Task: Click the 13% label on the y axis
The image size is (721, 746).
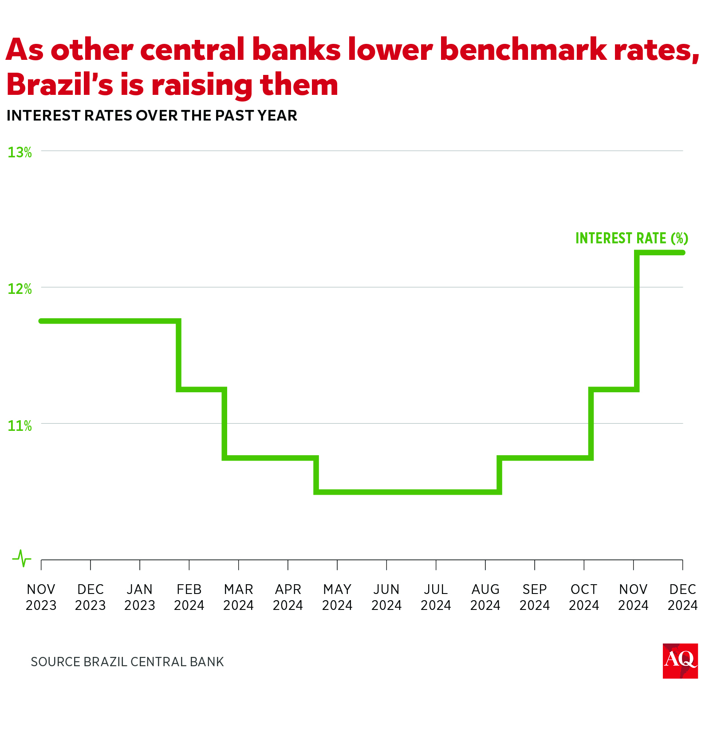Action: pyautogui.click(x=20, y=152)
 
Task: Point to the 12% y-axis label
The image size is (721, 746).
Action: pyautogui.click(x=20, y=289)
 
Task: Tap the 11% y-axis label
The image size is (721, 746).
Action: pyautogui.click(x=20, y=426)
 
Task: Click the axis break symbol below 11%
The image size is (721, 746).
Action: pyautogui.click(x=22, y=559)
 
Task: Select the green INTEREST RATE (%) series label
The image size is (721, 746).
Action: pyautogui.click(x=631, y=238)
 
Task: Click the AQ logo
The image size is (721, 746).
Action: pyautogui.click(x=680, y=660)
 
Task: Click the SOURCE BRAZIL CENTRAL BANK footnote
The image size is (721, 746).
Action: pyautogui.click(x=127, y=662)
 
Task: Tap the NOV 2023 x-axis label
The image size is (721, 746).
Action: pyautogui.click(x=41, y=597)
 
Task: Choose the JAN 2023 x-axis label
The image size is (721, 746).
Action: pyautogui.click(x=139, y=597)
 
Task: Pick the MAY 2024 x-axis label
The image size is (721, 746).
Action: pyautogui.click(x=337, y=597)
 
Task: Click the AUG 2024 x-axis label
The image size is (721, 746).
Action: pyautogui.click(x=485, y=597)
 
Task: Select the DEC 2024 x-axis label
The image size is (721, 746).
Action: pyautogui.click(x=682, y=597)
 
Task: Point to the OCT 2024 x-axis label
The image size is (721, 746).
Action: pyautogui.click(x=583, y=597)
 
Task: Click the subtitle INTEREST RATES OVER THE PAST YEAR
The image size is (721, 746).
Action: pyautogui.click(x=152, y=116)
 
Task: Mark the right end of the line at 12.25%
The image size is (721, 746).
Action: pyautogui.click(x=682, y=253)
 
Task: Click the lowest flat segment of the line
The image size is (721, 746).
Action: pyautogui.click(x=408, y=492)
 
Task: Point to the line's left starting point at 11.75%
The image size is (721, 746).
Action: pyautogui.click(x=41, y=321)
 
